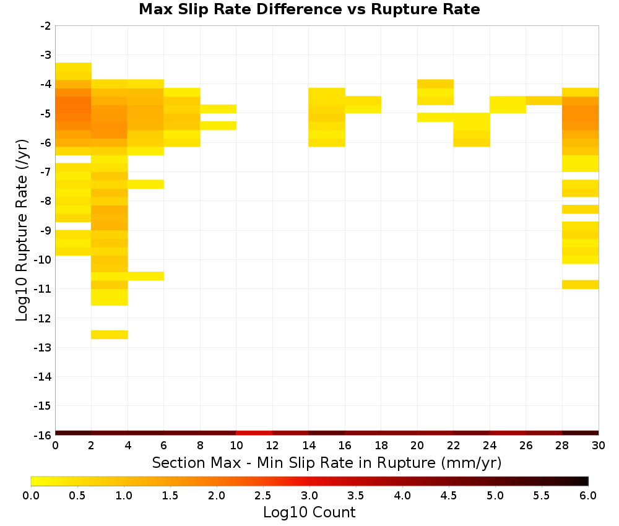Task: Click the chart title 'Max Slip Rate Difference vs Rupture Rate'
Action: click(309, 9)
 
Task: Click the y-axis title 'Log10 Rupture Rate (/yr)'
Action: click(22, 230)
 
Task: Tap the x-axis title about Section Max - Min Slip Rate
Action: click(326, 462)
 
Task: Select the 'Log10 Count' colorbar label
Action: click(309, 512)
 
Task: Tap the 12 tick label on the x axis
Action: click(272, 446)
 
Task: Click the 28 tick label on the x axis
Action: click(562, 446)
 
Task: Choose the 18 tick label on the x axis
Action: click(381, 446)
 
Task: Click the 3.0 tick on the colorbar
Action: click(309, 495)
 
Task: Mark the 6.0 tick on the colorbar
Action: click(588, 495)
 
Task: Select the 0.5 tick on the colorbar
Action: click(77, 495)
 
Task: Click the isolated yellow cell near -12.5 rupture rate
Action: click(110, 335)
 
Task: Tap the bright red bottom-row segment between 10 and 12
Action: click(254, 433)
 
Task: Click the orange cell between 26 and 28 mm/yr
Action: click(544, 101)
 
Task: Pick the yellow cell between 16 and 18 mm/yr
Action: click(363, 105)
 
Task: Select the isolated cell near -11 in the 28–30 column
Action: click(581, 285)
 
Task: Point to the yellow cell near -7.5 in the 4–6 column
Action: click(145, 184)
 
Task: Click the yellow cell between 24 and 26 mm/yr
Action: click(508, 105)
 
